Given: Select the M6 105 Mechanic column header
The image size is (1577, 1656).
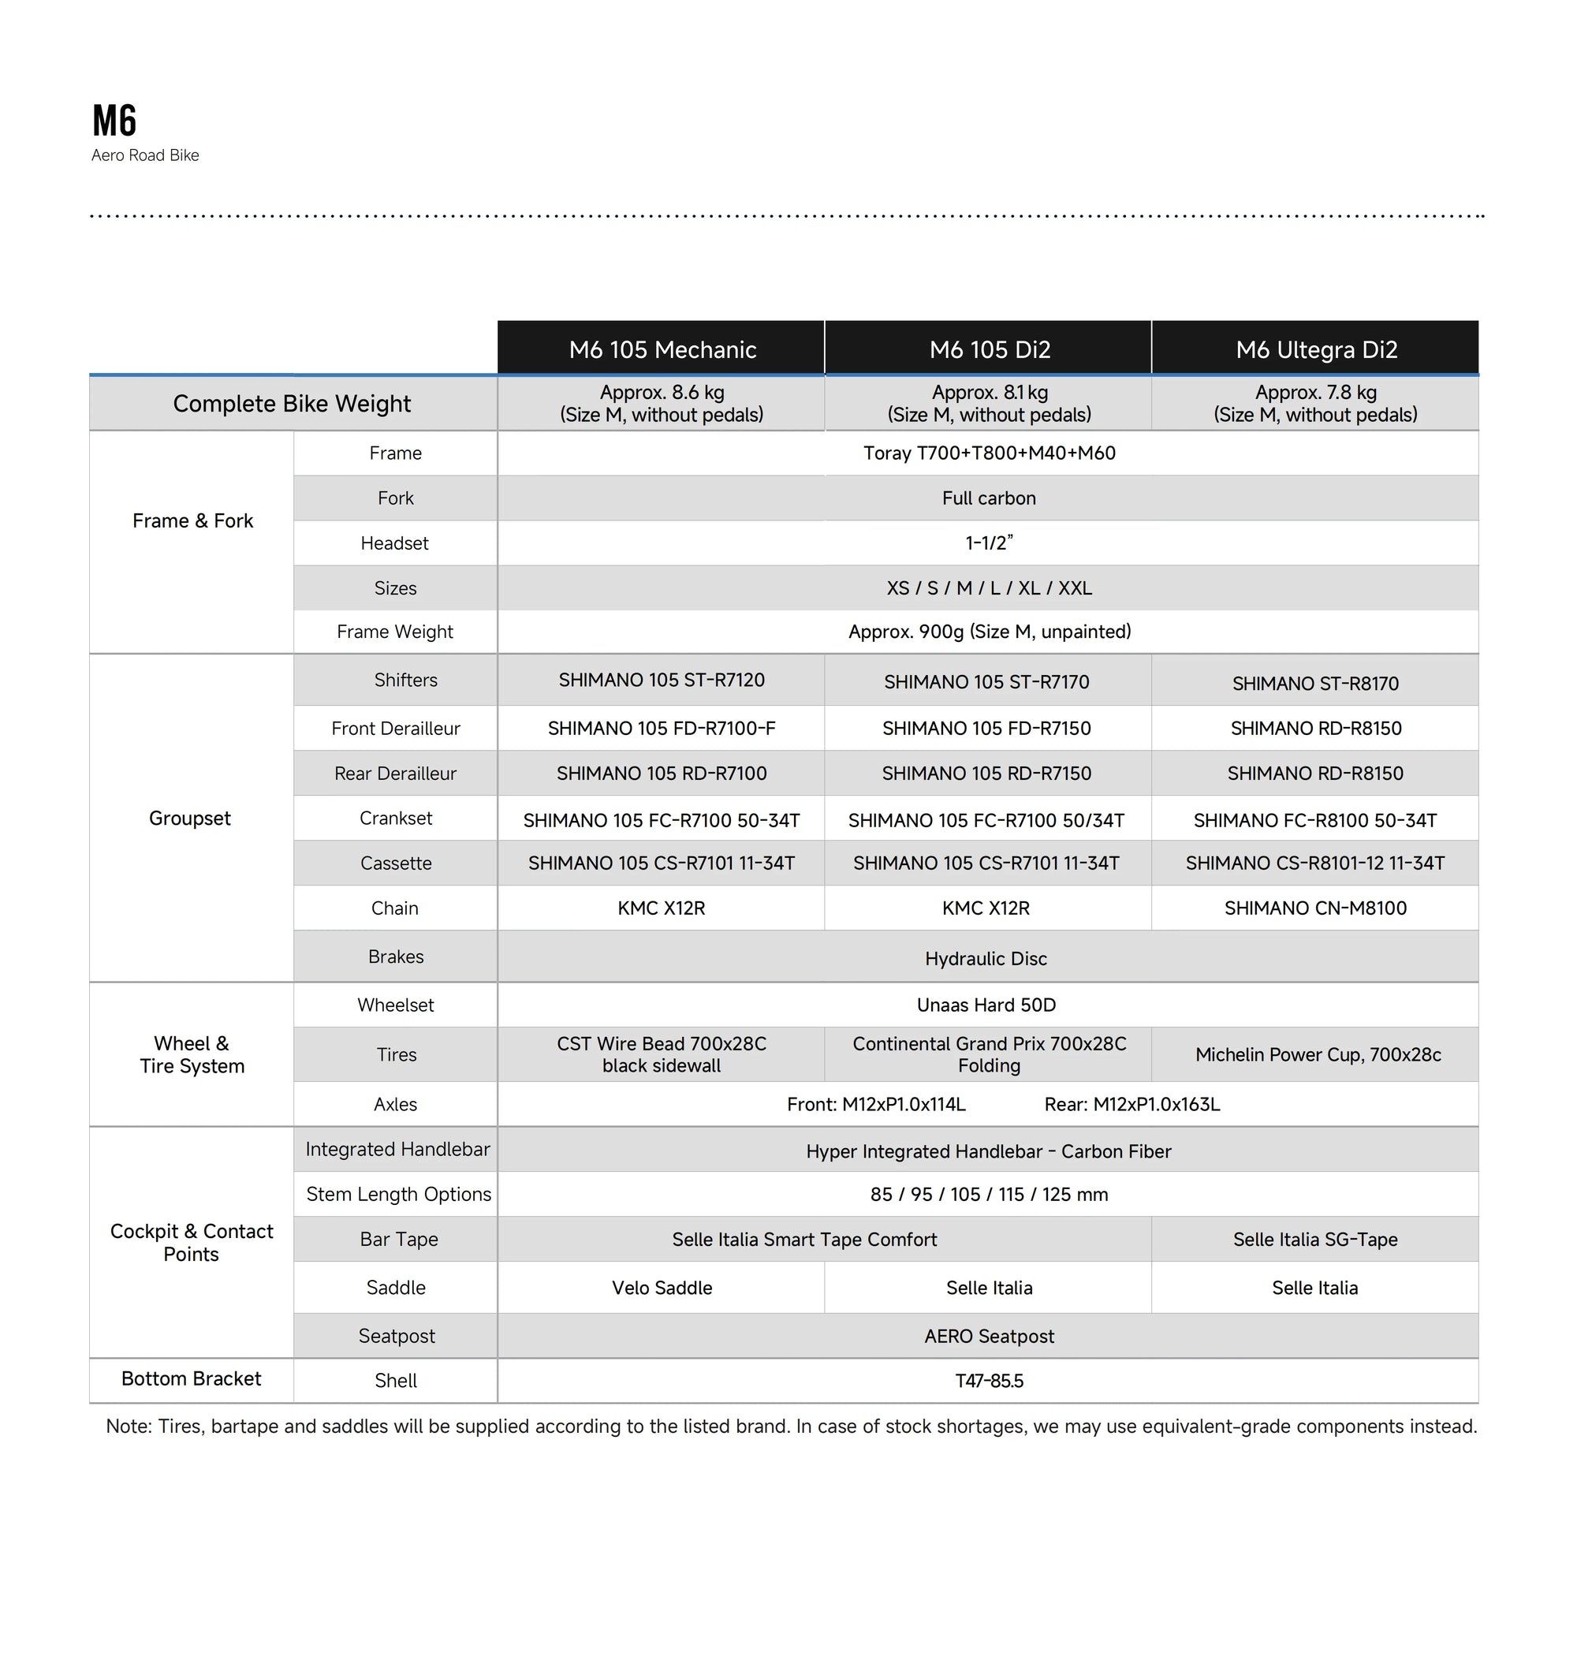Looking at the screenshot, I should (662, 349).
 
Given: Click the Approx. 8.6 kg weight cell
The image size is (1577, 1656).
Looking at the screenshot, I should (662, 404).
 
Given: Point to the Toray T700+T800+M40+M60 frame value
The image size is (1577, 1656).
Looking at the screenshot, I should (989, 453).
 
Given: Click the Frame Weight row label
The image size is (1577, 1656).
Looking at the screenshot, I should (394, 632).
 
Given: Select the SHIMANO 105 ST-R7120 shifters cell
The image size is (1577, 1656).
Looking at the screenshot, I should (662, 680).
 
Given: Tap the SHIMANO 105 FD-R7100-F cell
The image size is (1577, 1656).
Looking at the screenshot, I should (662, 728).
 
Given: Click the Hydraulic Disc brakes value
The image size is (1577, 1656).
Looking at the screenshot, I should (986, 958).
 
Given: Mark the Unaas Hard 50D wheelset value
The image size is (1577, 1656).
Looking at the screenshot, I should (986, 1005).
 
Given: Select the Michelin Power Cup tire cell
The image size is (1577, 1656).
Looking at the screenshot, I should (1318, 1054).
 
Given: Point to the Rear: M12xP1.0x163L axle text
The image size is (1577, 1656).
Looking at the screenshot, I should (1131, 1104).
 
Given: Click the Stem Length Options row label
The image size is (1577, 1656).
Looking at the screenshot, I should (398, 1194).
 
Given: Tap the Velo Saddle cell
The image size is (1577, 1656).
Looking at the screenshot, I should (662, 1287).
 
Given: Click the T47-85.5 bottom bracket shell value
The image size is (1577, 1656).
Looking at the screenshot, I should (989, 1380).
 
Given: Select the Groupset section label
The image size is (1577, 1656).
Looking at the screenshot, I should (190, 818).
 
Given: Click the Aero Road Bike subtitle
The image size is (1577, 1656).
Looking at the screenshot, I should (145, 155).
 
